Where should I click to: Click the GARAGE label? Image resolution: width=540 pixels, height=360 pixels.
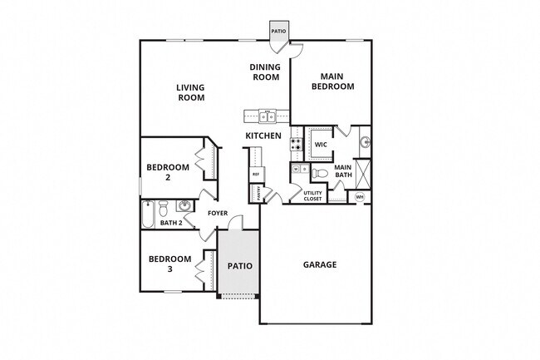tap(319, 265)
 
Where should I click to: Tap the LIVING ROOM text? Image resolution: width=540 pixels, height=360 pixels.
tap(191, 91)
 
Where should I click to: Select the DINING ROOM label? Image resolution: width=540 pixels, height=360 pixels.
tap(266, 72)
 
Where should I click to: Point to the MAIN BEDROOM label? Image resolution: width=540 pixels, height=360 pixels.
tap(332, 81)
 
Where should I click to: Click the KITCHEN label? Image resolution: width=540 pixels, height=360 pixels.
tap(263, 136)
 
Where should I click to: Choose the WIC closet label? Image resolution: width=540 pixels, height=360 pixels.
tap(321, 144)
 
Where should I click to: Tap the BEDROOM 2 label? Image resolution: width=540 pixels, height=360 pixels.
tap(168, 172)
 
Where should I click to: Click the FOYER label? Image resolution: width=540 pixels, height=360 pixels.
tap(218, 214)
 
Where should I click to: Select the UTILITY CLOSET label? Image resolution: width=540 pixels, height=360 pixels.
tap(312, 196)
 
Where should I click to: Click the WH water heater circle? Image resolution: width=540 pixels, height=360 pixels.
tap(360, 197)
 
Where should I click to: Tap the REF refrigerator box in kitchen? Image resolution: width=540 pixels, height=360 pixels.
tap(256, 175)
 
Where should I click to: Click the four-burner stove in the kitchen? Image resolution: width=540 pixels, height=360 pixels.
tap(295, 146)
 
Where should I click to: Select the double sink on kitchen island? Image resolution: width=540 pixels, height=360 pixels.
tap(266, 116)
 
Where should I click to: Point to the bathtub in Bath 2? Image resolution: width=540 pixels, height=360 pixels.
tap(148, 215)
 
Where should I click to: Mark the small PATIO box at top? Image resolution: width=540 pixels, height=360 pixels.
tap(278, 31)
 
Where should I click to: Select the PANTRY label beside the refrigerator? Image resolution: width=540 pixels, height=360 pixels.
tap(256, 194)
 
